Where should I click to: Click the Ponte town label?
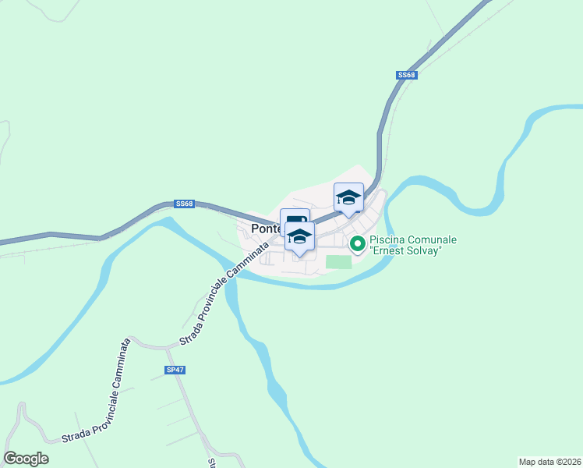265,229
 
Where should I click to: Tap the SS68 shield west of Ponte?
184,204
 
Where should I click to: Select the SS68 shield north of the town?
407,75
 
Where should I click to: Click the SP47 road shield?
175,370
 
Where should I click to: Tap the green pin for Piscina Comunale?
358,244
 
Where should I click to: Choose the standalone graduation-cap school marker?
348,197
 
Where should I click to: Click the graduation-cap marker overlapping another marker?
299,236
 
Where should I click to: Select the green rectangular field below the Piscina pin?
339,262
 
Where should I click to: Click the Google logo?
26,459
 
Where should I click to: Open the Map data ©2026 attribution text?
549,461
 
